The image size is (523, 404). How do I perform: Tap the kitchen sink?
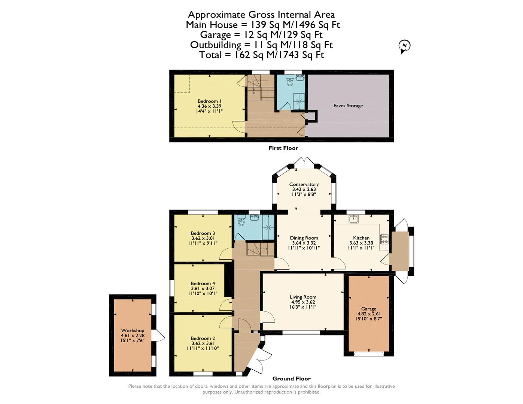tap(354, 219)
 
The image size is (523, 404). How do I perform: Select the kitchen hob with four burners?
tap(384, 239)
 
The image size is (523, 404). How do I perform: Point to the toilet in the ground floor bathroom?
tap(241, 220)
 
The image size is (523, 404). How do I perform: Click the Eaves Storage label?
tap(348, 105)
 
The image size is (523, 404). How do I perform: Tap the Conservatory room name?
tap(304, 184)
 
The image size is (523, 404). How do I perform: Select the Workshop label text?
tap(133, 330)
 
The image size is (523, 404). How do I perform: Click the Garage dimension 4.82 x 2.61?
tap(369, 314)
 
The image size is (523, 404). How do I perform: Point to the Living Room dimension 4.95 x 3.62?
tap(303, 302)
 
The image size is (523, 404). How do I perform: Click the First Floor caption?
tap(283, 148)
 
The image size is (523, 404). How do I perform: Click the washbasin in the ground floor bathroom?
tap(255, 218)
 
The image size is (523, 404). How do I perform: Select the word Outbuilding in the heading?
tap(216, 45)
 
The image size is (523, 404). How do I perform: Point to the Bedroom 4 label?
tap(203, 284)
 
